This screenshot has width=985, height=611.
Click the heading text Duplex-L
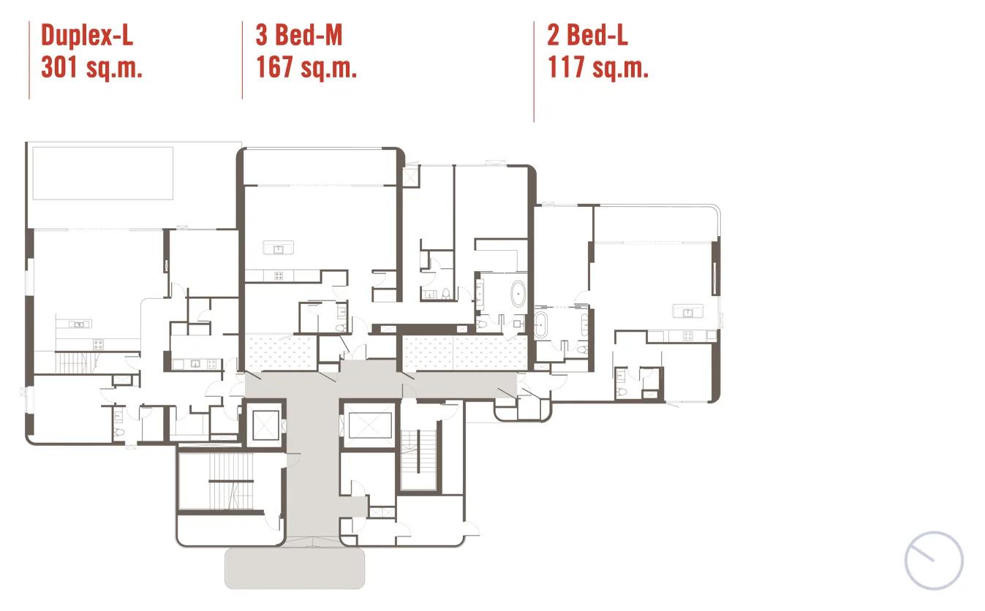click(x=87, y=35)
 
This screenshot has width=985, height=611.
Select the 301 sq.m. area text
click(x=92, y=67)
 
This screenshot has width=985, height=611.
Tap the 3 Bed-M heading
click(x=299, y=35)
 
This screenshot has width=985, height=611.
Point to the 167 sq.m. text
click(x=306, y=67)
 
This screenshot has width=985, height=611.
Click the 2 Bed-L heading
click(x=587, y=35)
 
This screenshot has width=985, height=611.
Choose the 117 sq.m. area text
click(x=598, y=67)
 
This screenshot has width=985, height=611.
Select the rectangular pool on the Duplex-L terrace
click(x=103, y=173)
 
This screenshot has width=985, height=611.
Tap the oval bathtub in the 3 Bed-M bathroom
click(x=518, y=293)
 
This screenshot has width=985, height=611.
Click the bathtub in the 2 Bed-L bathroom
click(x=541, y=325)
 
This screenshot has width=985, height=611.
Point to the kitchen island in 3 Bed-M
click(x=279, y=248)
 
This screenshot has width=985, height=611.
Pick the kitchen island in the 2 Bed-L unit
click(x=687, y=311)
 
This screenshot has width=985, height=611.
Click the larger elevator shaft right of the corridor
click(x=369, y=425)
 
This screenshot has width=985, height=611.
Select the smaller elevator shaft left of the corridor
click(x=265, y=425)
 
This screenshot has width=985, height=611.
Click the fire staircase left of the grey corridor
click(x=231, y=482)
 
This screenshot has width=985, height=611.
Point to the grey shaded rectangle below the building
click(x=295, y=568)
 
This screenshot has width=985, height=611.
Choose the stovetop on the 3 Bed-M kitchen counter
click(x=279, y=276)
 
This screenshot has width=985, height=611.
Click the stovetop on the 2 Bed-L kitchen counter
click(x=687, y=336)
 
